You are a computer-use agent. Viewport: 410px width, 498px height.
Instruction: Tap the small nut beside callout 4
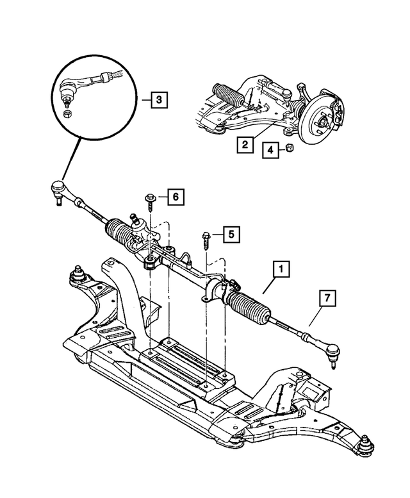290,149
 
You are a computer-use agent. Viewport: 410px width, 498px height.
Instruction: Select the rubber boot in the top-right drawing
228,94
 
